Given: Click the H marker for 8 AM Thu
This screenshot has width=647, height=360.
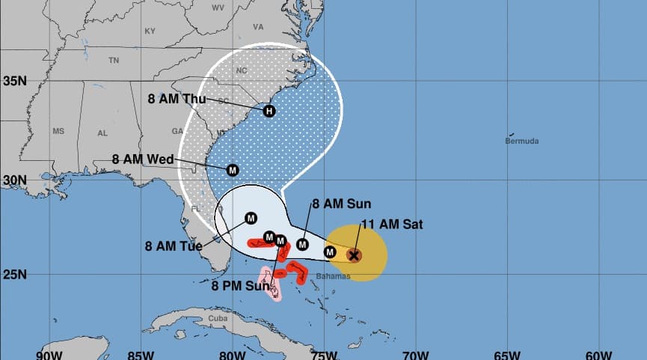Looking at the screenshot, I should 269,112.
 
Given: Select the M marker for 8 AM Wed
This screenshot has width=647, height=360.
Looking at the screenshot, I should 232,170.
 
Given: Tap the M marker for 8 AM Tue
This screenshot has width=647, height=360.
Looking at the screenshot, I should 251,218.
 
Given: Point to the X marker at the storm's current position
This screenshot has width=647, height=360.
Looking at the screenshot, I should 355,255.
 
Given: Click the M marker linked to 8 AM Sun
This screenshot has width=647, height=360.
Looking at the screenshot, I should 303,244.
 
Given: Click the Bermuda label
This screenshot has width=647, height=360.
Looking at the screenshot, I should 521,141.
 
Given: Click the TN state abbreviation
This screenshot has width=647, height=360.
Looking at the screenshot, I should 114,60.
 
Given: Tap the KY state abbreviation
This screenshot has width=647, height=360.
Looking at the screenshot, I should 150,31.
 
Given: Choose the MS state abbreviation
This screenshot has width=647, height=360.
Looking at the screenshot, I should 58,131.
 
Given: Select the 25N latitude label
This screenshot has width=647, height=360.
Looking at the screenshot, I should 15,275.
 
